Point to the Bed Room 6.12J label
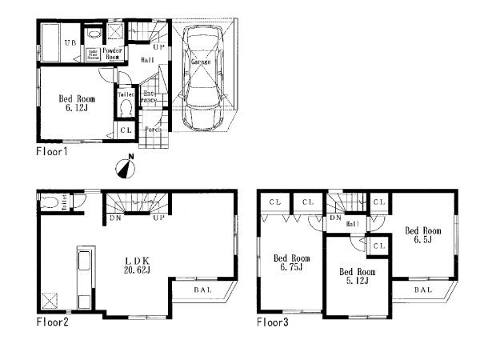[76, 105]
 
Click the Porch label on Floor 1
[153, 129]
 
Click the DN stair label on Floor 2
[114, 218]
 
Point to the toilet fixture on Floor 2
[47, 204]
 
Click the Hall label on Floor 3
[351, 226]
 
